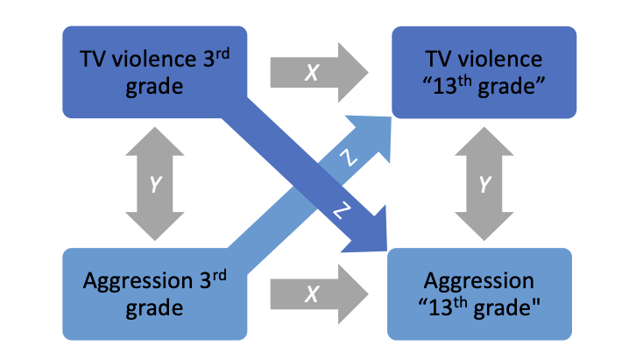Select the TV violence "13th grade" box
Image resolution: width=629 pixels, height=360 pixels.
tap(484, 72)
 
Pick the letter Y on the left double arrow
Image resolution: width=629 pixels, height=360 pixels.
tap(156, 184)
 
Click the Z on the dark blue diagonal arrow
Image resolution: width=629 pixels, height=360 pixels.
tap(342, 213)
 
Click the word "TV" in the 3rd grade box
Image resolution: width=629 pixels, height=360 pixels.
tap(93, 59)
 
